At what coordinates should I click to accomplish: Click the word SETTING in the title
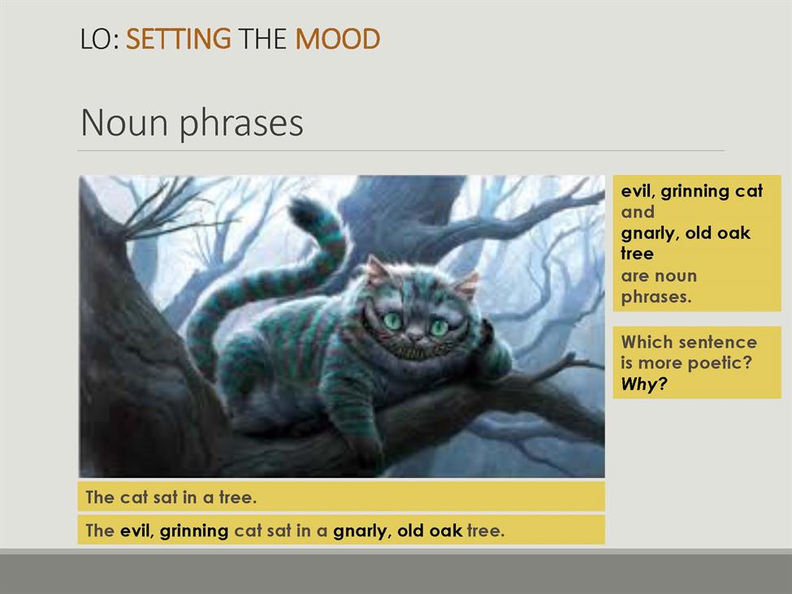point(178,39)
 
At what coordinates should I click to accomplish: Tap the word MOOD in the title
point(337,39)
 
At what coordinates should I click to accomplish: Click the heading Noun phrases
point(192,123)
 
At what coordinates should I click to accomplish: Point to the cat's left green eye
point(392,321)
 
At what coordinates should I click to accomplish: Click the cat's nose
point(416,334)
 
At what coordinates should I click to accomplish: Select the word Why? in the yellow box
point(644,384)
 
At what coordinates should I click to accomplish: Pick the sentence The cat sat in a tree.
point(171,497)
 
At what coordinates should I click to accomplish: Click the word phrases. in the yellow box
point(656,297)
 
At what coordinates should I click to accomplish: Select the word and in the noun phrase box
point(638,211)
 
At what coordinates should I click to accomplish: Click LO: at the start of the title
point(99,39)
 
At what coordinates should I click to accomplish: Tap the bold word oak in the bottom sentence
point(445,531)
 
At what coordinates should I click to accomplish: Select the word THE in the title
point(262,39)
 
